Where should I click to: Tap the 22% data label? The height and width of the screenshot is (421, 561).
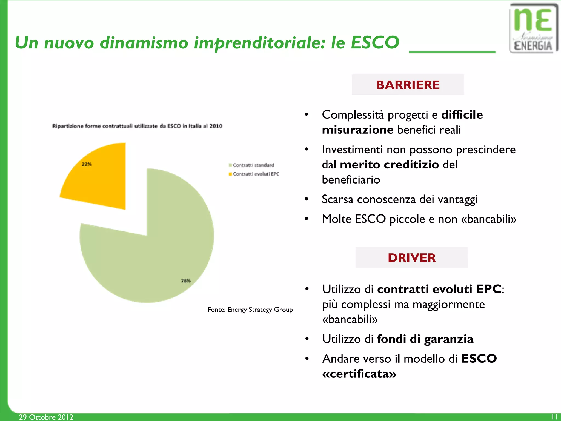point(87,164)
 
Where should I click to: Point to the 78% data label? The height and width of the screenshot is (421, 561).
point(186,281)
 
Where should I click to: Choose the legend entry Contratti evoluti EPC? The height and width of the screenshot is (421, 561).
point(254,174)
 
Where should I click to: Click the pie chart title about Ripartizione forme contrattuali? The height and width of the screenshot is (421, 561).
point(137,126)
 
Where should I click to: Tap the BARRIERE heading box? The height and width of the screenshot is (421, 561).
point(408,85)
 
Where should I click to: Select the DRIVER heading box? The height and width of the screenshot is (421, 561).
point(411,258)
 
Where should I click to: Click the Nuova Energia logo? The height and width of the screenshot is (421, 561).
point(533,28)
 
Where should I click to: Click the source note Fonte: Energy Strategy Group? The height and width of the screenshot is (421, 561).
point(250,310)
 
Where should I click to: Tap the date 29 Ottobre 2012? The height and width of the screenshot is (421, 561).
point(46,417)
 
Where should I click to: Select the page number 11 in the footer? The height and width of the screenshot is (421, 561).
point(554,417)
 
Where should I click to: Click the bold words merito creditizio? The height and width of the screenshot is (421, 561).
point(389,165)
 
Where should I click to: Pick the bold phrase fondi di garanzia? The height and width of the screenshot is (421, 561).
point(425,339)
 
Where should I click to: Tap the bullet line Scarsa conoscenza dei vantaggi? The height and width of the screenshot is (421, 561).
point(399,199)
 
